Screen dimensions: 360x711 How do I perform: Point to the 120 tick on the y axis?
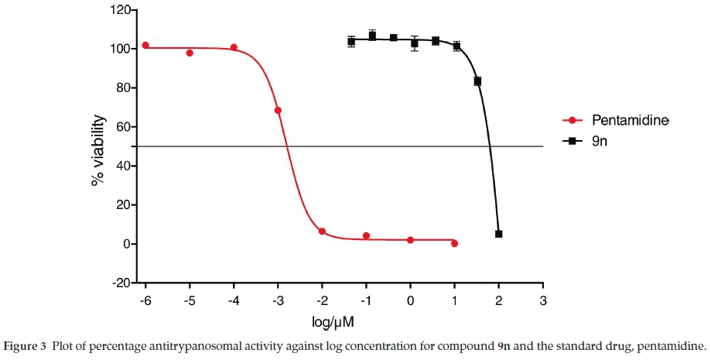(x=117, y=10)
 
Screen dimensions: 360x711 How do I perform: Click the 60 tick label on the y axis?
(x=121, y=127)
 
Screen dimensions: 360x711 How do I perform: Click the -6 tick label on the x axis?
(x=145, y=300)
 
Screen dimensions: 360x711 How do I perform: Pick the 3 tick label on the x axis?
(x=543, y=300)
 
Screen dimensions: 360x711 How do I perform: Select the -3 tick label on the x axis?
(x=278, y=300)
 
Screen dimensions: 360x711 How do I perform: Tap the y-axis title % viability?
(x=97, y=149)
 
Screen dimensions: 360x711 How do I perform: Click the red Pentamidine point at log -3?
(x=278, y=111)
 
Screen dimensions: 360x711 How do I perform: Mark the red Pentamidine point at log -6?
(x=145, y=46)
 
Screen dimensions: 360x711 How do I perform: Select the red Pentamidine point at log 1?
(x=454, y=243)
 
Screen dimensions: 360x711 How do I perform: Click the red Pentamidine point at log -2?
(x=322, y=231)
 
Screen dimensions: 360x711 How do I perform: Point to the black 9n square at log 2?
(x=498, y=234)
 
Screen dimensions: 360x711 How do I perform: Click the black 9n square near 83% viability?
(x=477, y=81)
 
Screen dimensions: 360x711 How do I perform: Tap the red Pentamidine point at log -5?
(x=190, y=53)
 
